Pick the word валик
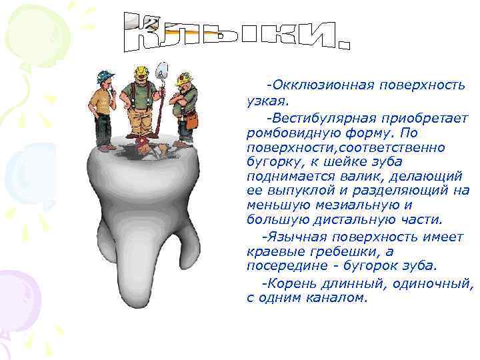coord(373,176)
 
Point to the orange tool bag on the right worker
coord(191,121)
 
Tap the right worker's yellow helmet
coord(184,79)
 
